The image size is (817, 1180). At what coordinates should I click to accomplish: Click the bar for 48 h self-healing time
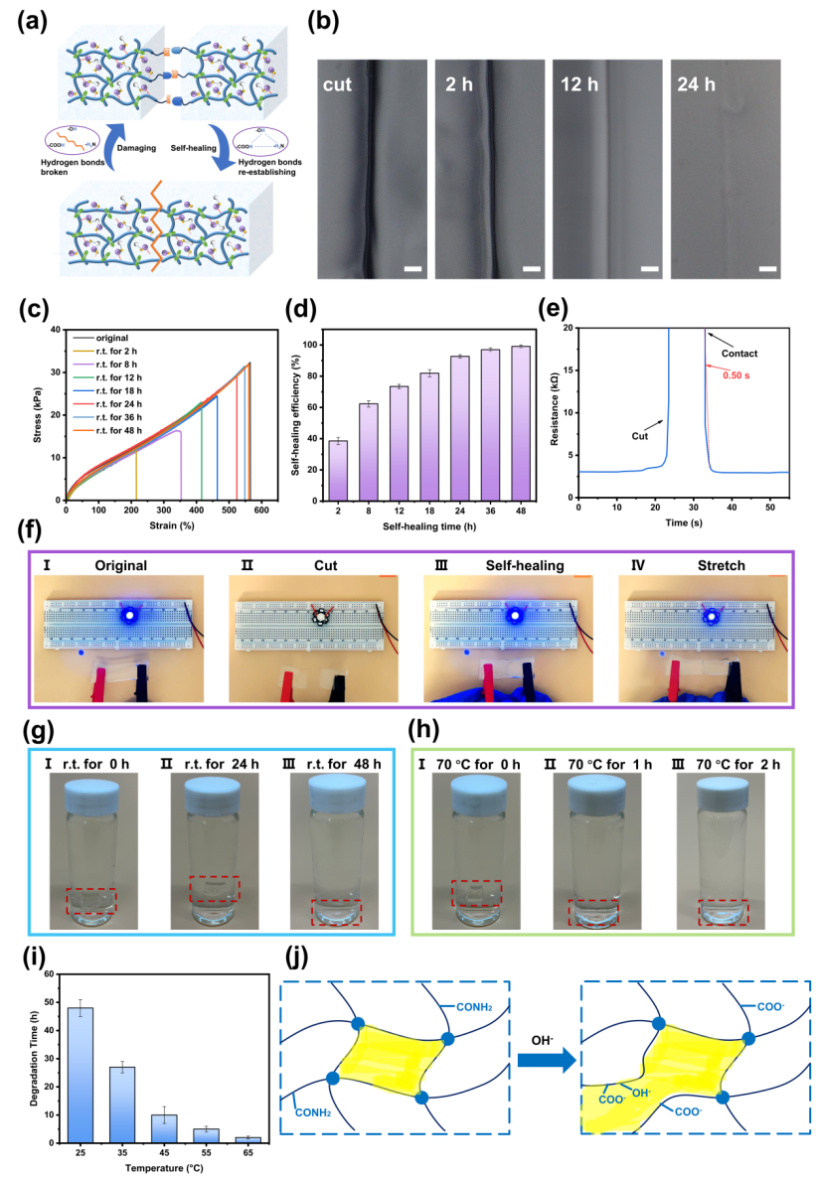click(521, 423)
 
